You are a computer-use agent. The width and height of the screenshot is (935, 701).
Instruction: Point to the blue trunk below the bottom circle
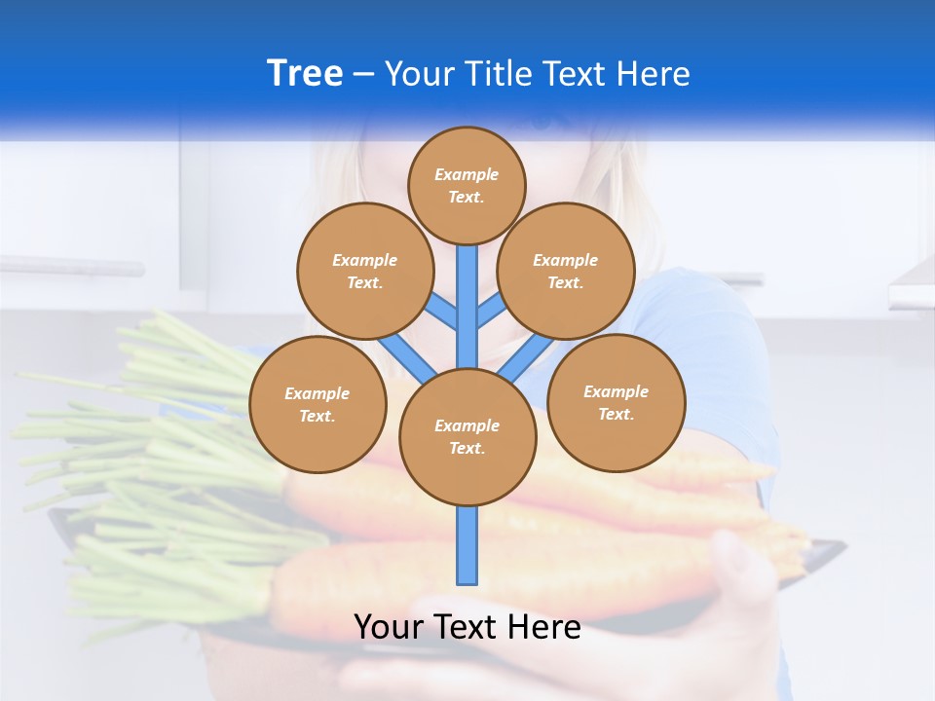[467, 545]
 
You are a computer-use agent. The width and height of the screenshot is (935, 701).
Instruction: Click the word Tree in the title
[305, 73]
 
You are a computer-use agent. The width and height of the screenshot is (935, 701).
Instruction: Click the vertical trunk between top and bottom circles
[467, 302]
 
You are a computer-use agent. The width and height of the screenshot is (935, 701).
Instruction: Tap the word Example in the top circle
[467, 175]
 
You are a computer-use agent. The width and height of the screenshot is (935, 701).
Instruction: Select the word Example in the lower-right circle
[616, 391]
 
